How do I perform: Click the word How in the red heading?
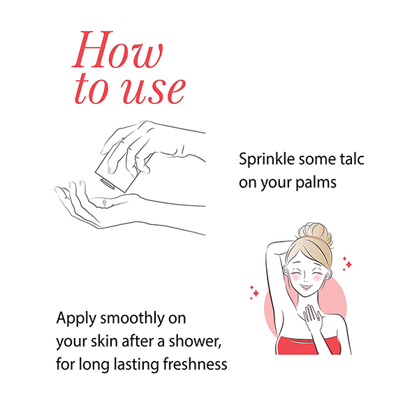pos(117,50)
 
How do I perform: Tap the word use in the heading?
pos(154,90)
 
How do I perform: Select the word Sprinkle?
pos(267,160)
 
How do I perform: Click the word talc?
pos(352,159)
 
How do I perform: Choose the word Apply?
pos(76,319)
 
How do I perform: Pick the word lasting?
pos(137,365)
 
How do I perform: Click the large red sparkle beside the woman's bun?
pos(348,264)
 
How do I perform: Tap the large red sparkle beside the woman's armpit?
pos(256,293)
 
